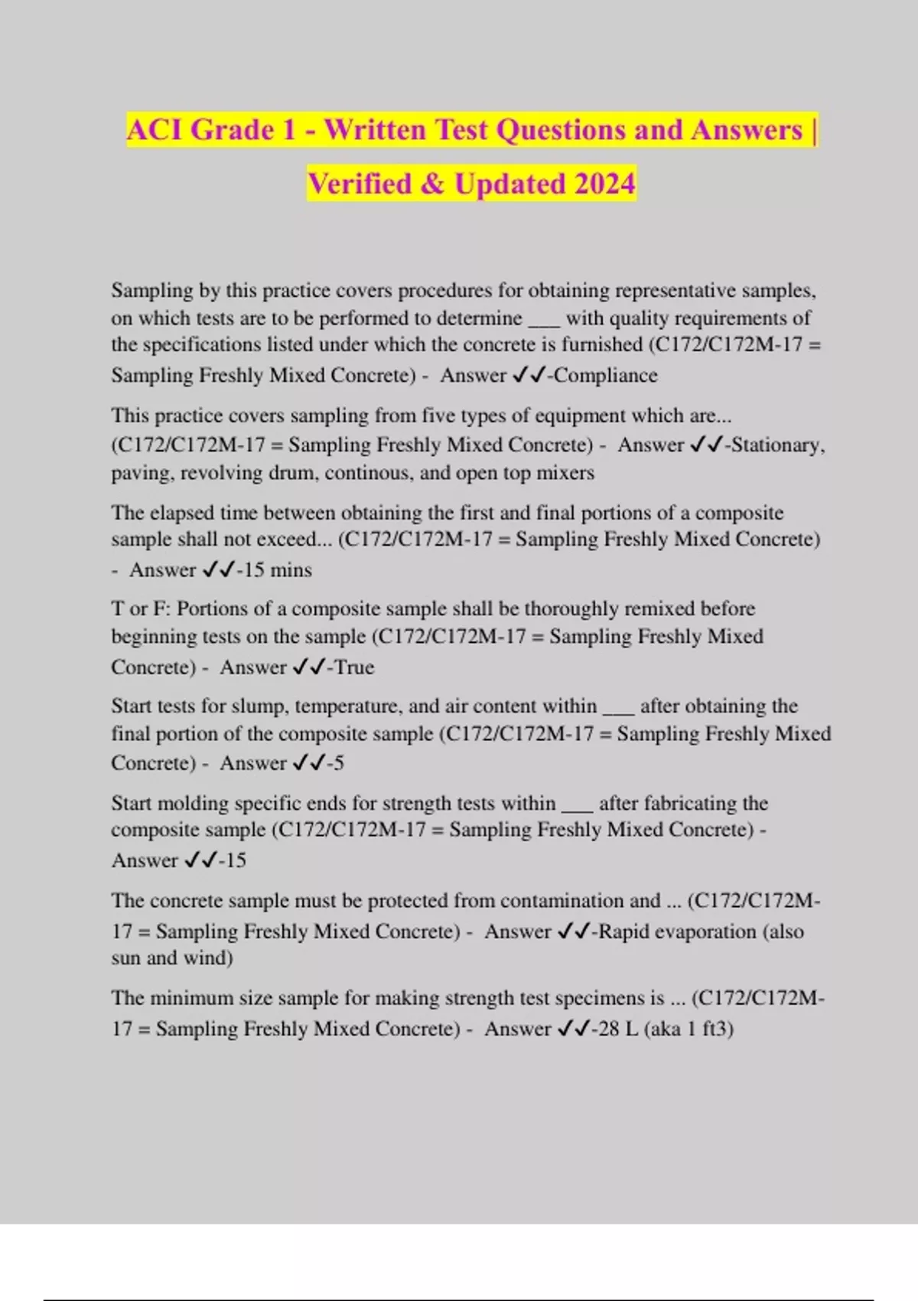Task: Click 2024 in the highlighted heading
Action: point(604,184)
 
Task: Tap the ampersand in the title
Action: point(432,184)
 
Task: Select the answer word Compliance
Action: point(605,375)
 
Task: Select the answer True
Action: point(353,667)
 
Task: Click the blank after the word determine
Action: point(544,319)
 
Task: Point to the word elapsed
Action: point(183,513)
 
